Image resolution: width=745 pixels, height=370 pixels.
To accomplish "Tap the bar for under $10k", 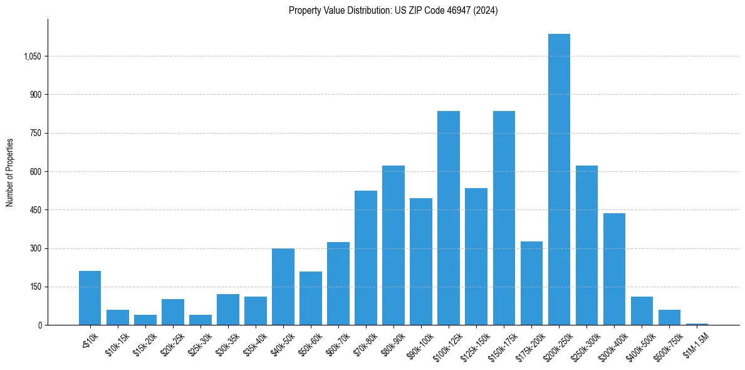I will point(90,298).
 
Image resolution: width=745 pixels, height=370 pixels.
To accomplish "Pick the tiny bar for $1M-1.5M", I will point(697,324).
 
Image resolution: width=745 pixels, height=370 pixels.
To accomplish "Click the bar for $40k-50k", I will point(283,287).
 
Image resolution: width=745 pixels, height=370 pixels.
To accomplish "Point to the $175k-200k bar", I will point(531,283).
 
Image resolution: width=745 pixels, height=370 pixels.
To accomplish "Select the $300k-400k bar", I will point(614,269).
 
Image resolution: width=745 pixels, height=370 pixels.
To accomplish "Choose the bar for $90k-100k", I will point(421,262).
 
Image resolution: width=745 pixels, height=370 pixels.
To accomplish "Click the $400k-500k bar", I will point(642,310).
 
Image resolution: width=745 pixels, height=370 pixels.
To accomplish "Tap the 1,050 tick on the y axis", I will point(32,56).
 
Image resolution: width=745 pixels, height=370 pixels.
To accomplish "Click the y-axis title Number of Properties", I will point(9,172).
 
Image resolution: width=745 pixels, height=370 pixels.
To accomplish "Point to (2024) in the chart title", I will point(486,11).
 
